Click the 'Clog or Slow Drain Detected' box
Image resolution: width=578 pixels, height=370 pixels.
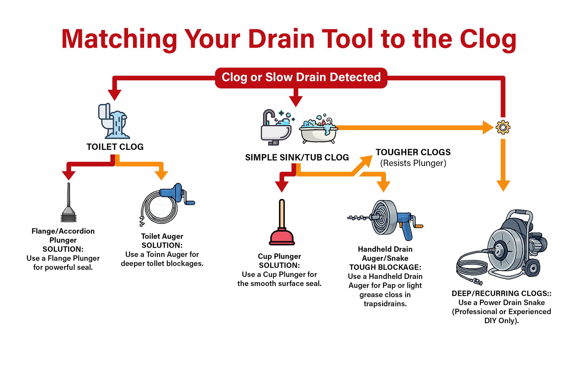pos(301,77)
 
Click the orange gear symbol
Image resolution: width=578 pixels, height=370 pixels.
pos(503,127)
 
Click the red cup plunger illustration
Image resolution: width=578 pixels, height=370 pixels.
pos(282,224)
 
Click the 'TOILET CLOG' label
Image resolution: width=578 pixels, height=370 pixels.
pos(115,147)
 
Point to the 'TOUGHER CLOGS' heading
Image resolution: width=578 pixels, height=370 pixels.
pos(413,152)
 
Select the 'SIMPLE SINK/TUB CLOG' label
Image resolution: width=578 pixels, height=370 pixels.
pos(297,157)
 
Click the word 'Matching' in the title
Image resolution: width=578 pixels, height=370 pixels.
pos(119,40)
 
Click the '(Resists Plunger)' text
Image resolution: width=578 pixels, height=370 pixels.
pos(413,163)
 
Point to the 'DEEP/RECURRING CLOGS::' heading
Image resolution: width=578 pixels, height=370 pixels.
pos(501,293)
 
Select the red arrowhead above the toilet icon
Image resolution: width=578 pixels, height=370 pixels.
pos(114,94)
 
